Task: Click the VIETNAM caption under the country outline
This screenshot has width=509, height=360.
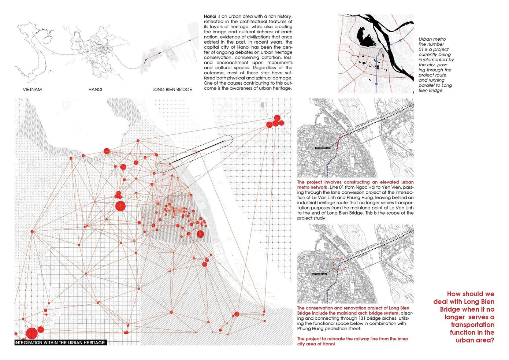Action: click(32, 90)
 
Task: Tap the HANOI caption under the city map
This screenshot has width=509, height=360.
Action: click(95, 90)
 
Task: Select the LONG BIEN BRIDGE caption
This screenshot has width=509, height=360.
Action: click(172, 90)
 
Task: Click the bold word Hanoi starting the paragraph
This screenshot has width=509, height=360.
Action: click(210, 16)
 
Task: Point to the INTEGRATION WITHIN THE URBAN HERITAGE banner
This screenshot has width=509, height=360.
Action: click(60, 343)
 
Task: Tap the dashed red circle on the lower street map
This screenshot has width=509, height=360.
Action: click(339, 264)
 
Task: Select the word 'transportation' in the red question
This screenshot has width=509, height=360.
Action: click(472, 325)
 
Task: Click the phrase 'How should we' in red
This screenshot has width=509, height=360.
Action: click(470, 294)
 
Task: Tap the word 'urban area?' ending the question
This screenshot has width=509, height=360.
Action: click(475, 340)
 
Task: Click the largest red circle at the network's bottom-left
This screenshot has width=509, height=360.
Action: click(32, 333)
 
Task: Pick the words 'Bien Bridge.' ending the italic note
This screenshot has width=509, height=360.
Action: click(431, 90)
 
